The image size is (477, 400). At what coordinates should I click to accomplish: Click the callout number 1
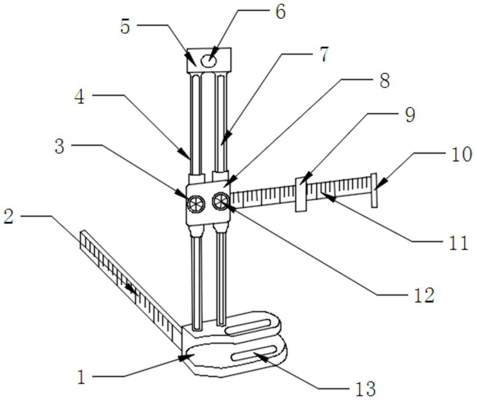coord(82,377)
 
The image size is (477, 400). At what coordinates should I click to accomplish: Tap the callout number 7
coord(324,55)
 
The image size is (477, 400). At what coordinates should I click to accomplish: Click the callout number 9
coord(409,115)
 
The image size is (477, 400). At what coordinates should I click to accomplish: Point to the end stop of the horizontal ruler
coord(375,189)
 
